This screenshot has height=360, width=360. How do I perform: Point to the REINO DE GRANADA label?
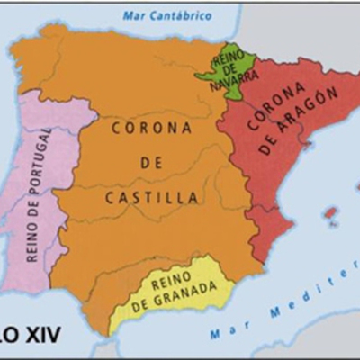pyautogui.click(x=175, y=292)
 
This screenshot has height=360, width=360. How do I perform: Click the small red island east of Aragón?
pyautogui.click(x=331, y=214)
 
